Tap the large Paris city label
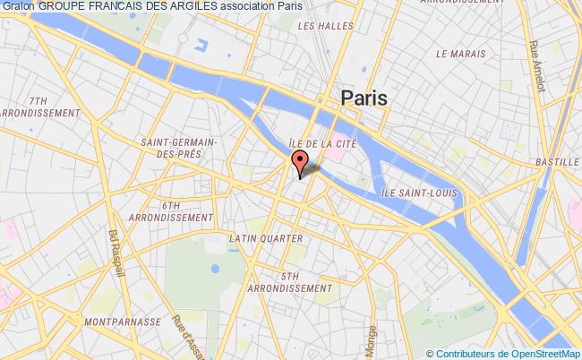coord(364,99)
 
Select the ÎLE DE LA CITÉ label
coord(323,142)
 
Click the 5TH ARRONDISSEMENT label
coord(294,282)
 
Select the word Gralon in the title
coord(17,6)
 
